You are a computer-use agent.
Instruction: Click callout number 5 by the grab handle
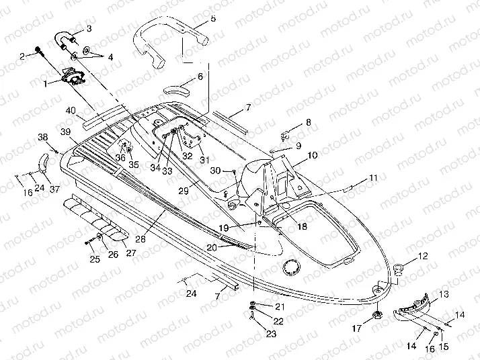click(x=212, y=18)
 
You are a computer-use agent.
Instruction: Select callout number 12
click(x=424, y=256)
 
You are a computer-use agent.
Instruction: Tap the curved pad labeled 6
click(x=178, y=89)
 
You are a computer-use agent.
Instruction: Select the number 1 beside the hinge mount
click(x=44, y=84)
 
